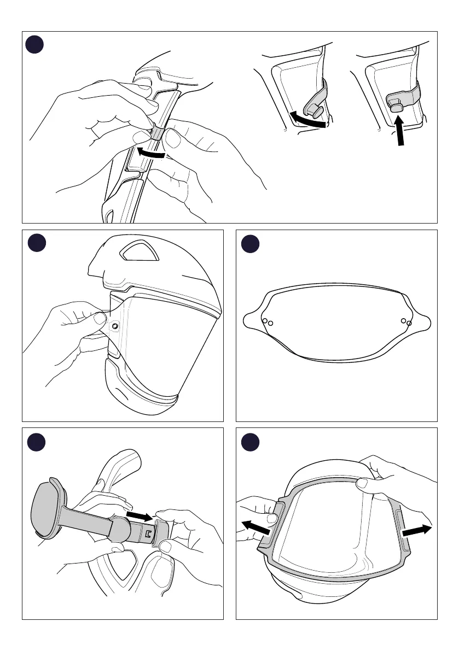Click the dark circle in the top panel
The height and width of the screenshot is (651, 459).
tap(36, 45)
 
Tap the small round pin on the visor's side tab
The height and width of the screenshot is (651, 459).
tap(115, 326)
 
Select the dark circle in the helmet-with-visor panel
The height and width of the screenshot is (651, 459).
tap(36, 243)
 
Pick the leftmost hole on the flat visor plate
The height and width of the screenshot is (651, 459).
tap(264, 320)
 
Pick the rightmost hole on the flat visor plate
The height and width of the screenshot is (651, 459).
tap(409, 323)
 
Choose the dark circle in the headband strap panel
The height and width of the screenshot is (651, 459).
tap(36, 441)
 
